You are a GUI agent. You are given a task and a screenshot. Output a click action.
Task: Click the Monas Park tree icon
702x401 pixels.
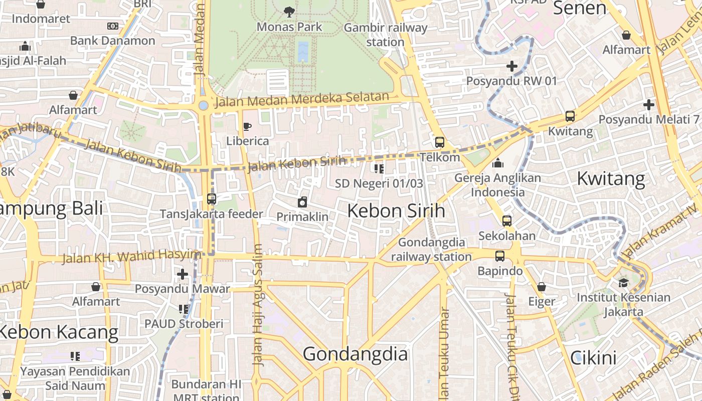289,11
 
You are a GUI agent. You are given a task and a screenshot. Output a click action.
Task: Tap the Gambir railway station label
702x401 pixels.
385,35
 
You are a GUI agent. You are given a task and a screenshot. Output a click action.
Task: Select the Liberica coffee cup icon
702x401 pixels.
247,126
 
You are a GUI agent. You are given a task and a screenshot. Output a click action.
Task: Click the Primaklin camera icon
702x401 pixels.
302,202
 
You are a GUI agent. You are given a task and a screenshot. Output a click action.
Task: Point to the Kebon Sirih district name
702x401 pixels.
396,211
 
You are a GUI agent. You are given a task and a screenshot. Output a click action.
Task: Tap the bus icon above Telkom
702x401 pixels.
440,142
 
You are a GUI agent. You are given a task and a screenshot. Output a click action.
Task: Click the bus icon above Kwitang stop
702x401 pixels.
570,116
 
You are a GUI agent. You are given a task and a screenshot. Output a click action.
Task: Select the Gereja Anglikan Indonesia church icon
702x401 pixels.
498,163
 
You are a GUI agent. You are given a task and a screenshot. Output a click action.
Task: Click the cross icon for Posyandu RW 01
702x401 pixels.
511,66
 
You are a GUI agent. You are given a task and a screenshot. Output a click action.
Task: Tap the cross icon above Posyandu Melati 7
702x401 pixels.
649,105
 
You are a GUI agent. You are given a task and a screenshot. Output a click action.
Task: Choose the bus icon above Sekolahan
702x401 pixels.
507,221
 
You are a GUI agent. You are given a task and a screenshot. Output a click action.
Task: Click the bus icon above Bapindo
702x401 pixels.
500,256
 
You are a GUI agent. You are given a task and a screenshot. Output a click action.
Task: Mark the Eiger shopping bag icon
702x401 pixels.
542,287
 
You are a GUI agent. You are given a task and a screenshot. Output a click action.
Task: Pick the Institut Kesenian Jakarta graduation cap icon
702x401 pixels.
623,282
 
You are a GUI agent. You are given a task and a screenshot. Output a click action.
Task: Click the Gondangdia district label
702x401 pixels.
355,354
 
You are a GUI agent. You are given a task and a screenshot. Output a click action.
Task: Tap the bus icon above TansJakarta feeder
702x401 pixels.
212,199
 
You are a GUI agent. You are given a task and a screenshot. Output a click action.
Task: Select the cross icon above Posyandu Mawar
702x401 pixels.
183,274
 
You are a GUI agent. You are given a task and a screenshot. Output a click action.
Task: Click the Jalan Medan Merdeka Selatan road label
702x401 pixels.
302,99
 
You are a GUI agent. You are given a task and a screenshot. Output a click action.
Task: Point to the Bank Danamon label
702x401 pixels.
112,41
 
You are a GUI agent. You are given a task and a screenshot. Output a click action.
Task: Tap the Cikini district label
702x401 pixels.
593,358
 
